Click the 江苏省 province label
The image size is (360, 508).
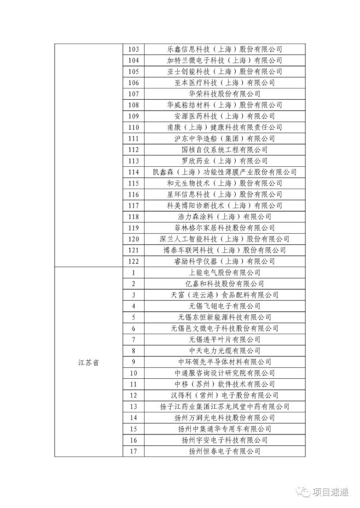88,362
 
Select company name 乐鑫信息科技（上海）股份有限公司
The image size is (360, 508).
224,49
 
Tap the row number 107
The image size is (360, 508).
133,94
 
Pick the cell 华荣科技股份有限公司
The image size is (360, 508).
224,94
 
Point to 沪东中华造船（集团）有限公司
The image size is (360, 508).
224,138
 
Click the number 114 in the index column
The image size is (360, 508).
133,172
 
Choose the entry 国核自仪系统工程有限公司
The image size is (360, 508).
224,149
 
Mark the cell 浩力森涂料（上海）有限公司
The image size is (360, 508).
224,216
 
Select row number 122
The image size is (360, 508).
133,261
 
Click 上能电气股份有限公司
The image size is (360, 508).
224,273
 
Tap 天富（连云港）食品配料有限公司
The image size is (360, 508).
224,295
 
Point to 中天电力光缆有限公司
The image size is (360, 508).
224,350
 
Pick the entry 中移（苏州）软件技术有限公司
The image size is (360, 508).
224,384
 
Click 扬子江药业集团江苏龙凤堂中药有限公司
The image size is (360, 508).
224,407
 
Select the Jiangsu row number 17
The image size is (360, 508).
133,451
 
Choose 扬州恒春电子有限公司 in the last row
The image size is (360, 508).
224,451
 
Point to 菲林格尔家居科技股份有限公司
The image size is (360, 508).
224,228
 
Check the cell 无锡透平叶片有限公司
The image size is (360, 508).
224,340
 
